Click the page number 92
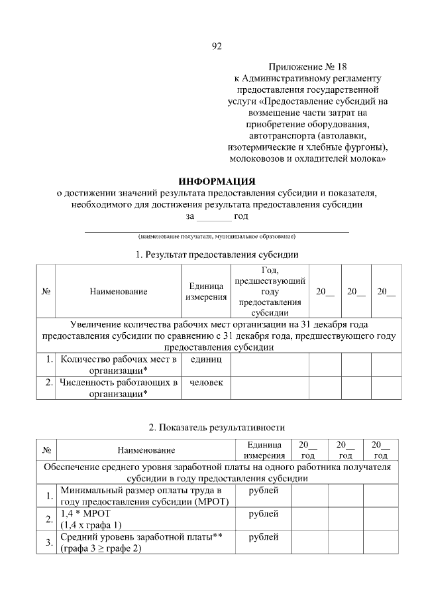pyautogui.click(x=216, y=46)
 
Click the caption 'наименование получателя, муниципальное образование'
pyautogui.click(x=216, y=236)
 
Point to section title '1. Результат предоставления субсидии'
pyautogui.click(x=216, y=255)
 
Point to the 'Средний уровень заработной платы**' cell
pyautogui.click(x=145, y=538)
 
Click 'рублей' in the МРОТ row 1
pyautogui.click(x=263, y=491)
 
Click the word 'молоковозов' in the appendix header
pyautogui.click(x=254, y=160)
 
